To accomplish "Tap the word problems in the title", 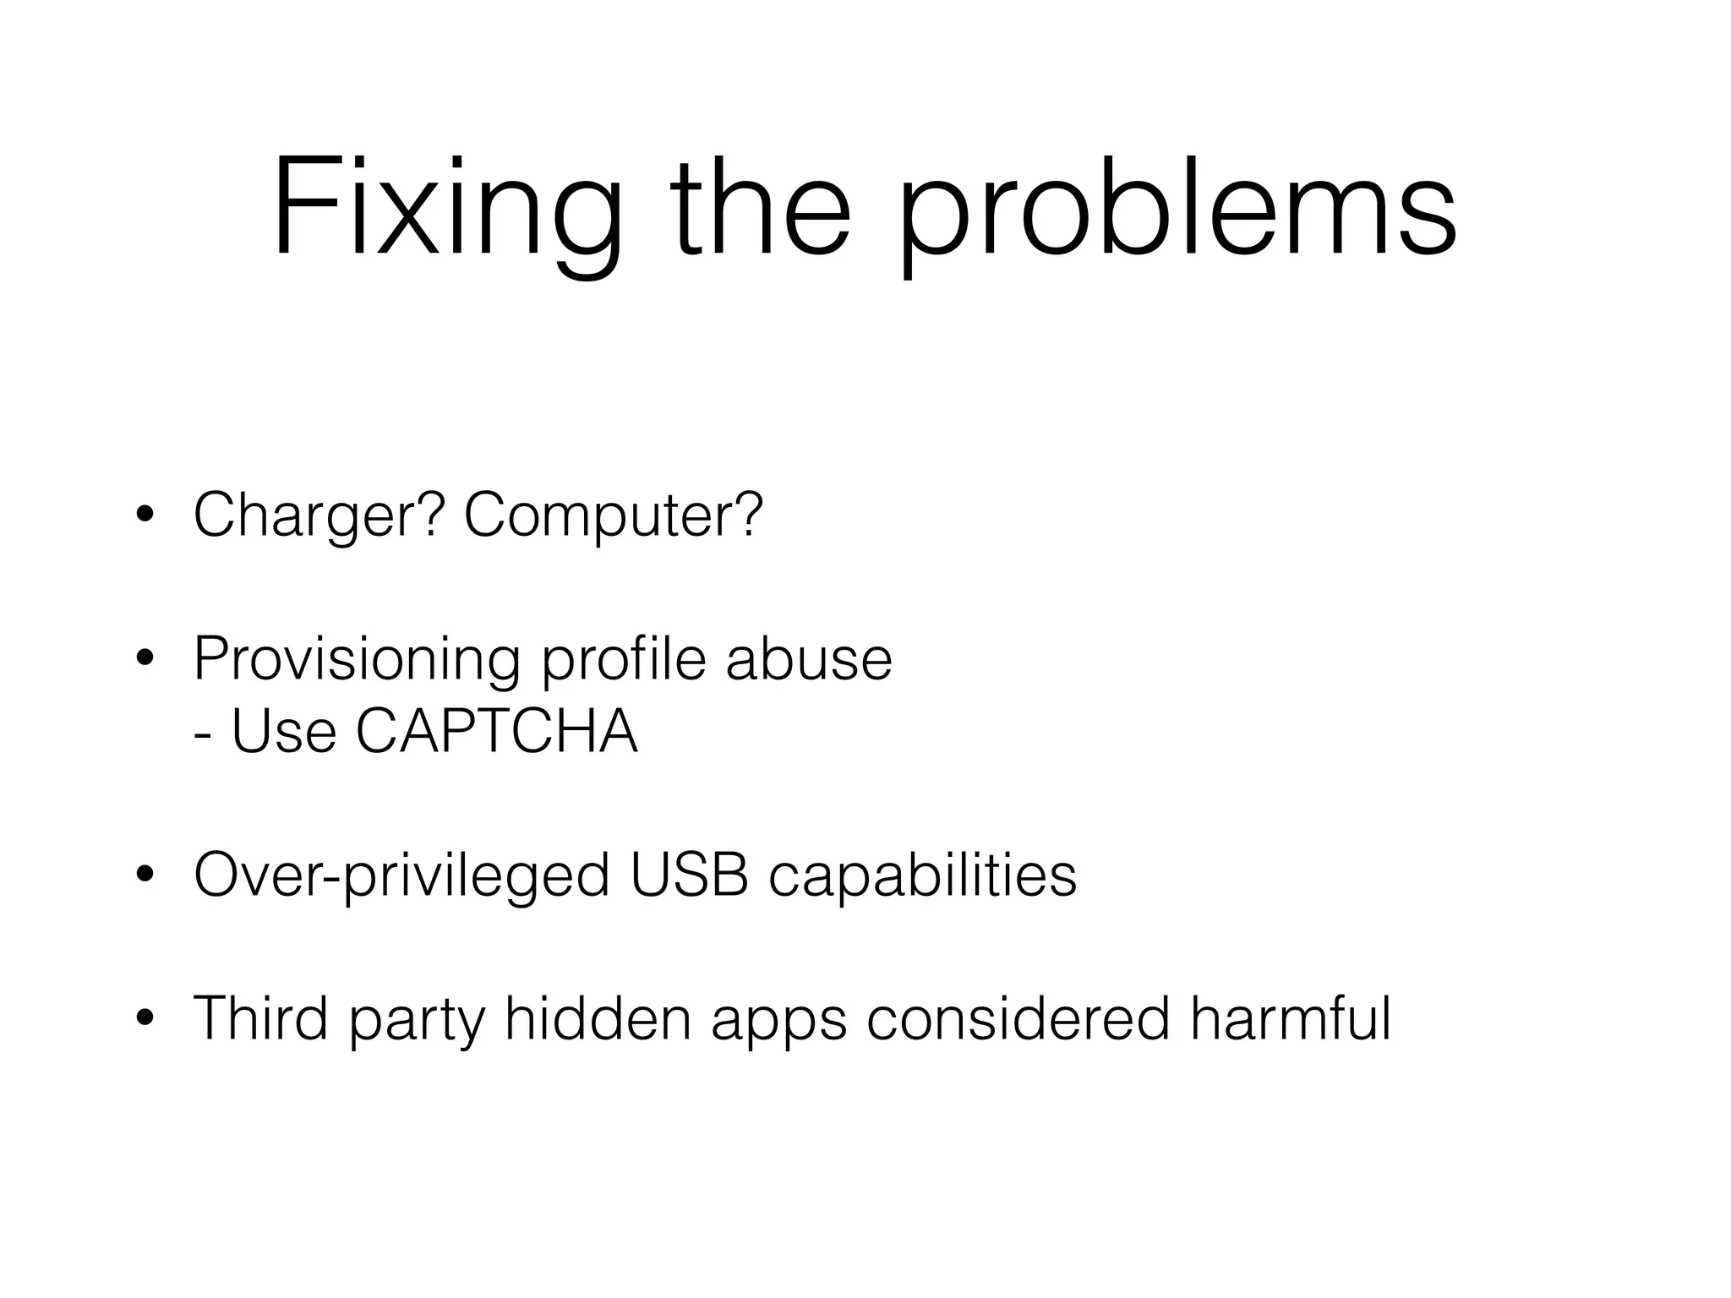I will pyautogui.click(x=1177, y=207).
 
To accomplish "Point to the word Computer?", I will pyautogui.click(x=613, y=515).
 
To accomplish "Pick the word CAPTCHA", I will pyautogui.click(x=497, y=731).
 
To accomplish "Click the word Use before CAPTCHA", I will pyautogui.click(x=284, y=731).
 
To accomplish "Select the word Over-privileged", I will pyautogui.click(x=401, y=876).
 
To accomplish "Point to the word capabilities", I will pyautogui.click(x=922, y=876).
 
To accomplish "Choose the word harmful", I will pyautogui.click(x=1291, y=1018).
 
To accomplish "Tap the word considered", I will pyautogui.click(x=1018, y=1018).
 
